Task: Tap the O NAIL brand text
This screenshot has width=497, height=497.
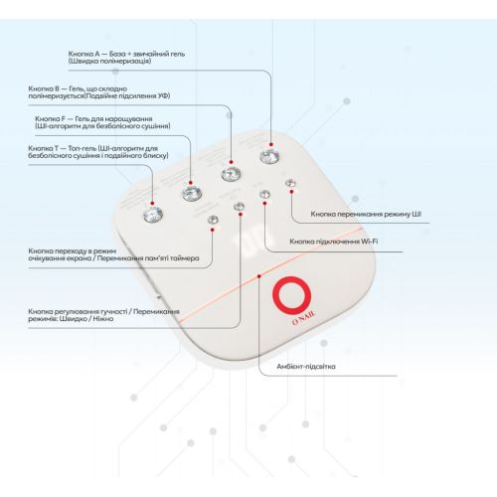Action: [304, 318]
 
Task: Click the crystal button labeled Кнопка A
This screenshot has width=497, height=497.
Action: [269, 157]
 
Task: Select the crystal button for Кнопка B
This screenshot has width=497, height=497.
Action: [231, 174]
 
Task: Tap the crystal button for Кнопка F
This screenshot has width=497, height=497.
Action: [192, 194]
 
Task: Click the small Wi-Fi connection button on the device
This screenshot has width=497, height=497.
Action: [264, 194]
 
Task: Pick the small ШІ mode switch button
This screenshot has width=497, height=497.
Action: [290, 183]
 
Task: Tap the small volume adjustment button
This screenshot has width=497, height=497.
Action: [239, 207]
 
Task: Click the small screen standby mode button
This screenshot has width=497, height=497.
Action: [213, 220]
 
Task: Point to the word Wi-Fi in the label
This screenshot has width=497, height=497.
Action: [370, 242]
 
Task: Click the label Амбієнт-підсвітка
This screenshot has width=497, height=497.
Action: [306, 367]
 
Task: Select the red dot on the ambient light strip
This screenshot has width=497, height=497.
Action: [259, 276]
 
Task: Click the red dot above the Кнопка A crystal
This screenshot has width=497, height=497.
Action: [271, 144]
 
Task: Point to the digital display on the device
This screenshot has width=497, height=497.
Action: [252, 240]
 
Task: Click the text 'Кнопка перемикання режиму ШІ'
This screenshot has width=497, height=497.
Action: [366, 214]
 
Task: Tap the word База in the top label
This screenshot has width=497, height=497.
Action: [116, 54]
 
